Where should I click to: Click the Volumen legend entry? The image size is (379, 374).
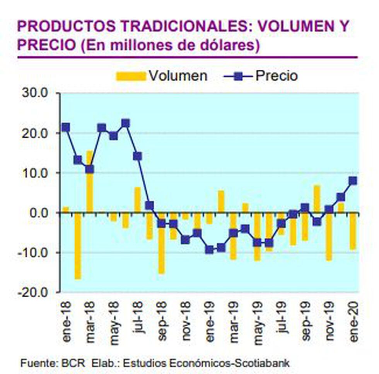coord(162,76)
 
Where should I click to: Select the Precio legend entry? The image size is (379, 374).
coord(261,76)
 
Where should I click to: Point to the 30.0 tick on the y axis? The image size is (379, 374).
coord(36,93)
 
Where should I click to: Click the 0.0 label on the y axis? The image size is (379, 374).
coord(39,213)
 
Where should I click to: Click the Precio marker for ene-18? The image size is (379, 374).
coord(66,127)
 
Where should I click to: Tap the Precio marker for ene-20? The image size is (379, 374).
coord(353,181)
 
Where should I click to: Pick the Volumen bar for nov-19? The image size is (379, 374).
coord(329,236)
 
